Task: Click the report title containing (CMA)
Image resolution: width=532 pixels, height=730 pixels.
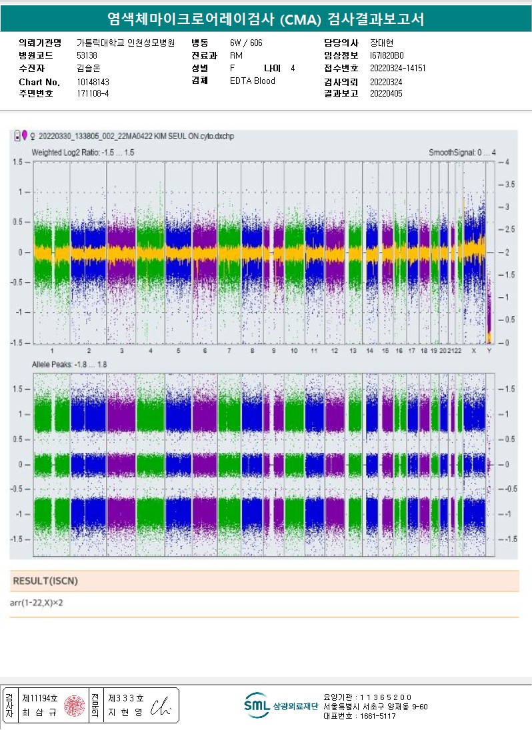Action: [265, 19]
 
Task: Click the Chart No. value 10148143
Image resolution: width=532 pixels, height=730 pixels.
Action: [93, 82]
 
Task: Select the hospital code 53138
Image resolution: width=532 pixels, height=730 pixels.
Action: [87, 55]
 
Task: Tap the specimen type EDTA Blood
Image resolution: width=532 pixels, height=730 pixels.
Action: [252, 81]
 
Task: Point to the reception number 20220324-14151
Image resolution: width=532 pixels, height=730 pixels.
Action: [397, 68]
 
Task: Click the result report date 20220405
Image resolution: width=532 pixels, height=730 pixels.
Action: [386, 94]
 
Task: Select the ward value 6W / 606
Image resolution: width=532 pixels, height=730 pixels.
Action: [246, 43]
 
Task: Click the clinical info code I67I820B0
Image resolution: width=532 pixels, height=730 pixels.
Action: [387, 55]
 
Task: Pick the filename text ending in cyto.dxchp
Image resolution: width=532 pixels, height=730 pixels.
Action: [136, 136]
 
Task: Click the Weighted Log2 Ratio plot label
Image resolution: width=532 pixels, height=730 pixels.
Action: [83, 153]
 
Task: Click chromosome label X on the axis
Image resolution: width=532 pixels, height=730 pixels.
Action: [474, 350]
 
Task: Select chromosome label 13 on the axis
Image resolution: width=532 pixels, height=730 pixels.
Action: [353, 350]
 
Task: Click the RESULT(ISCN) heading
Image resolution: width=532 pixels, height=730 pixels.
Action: [45, 581]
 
